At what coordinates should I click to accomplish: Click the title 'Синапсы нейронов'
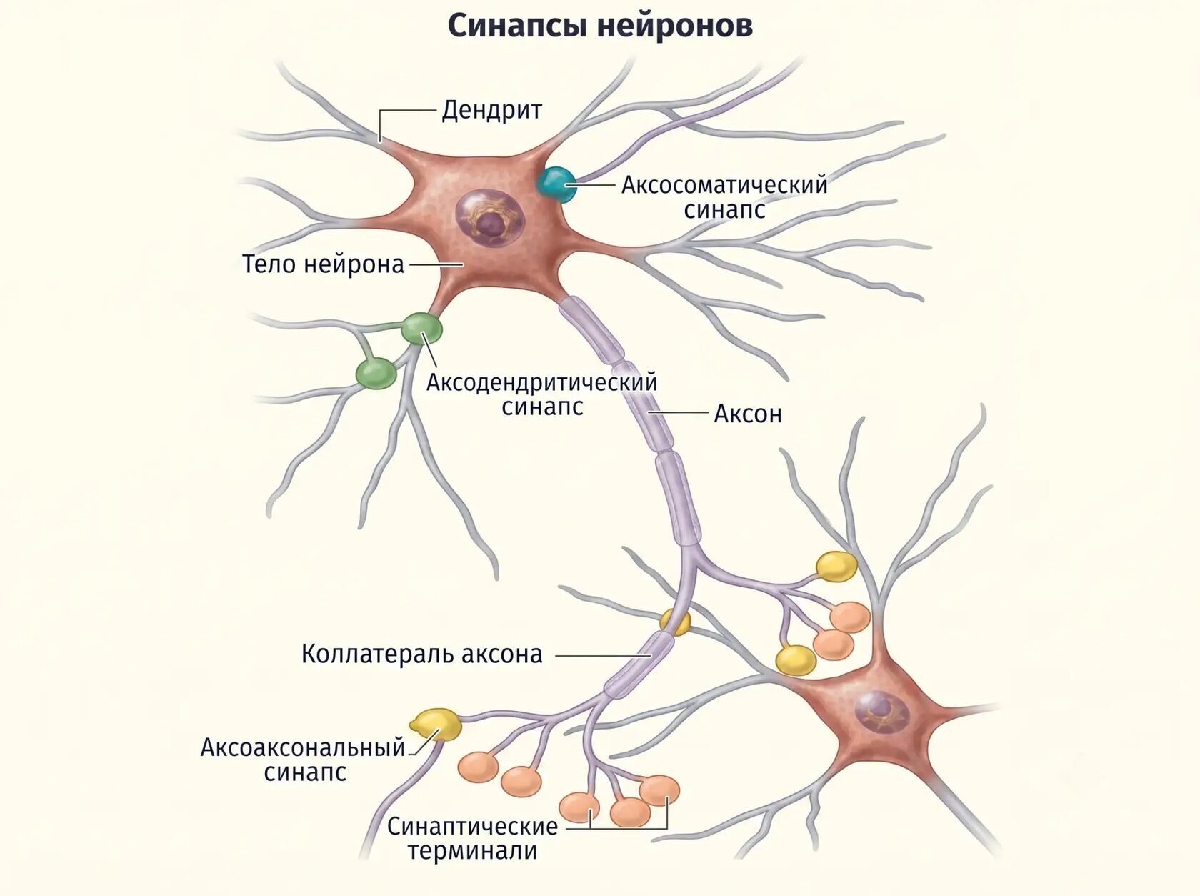pos(600,26)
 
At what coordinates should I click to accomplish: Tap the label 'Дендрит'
pos(491,110)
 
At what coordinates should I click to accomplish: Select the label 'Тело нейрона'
pos(323,264)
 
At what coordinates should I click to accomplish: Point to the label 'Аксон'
pos(748,414)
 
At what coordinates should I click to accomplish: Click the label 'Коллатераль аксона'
pos(422,654)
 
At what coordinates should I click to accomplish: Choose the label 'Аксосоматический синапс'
pos(724,196)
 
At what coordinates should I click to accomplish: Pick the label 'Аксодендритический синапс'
pos(541,394)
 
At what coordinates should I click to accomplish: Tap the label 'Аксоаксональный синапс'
pos(304,760)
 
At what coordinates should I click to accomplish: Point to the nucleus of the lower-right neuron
pos(881,712)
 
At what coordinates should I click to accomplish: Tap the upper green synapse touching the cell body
pos(421,328)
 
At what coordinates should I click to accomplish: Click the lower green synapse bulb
pos(376,374)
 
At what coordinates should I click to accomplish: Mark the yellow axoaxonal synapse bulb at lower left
pos(436,725)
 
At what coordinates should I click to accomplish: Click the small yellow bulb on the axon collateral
pos(676,622)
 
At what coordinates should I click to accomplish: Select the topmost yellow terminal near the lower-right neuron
pos(836,567)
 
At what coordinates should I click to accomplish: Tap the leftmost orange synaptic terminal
pos(478,767)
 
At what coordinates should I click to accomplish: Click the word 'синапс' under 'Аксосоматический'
pos(724,210)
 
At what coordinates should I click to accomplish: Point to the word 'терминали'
pos(472,851)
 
